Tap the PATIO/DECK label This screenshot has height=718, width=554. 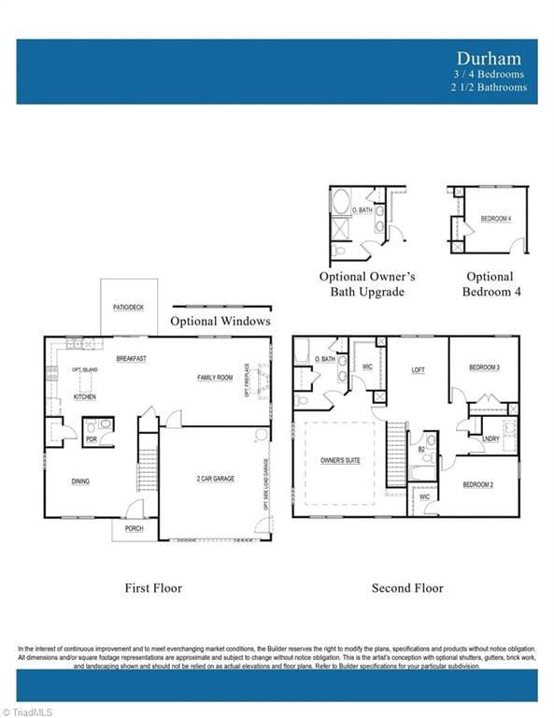click(x=129, y=307)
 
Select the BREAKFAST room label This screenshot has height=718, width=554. click(x=131, y=359)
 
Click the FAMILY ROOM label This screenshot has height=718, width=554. click(x=214, y=378)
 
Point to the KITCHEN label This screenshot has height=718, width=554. click(x=85, y=397)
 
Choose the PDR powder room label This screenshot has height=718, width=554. click(x=91, y=438)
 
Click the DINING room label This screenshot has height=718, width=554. click(x=80, y=481)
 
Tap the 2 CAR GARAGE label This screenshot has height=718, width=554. click(x=215, y=479)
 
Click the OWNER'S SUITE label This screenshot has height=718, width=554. click(x=340, y=461)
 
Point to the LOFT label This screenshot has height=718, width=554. click(x=419, y=370)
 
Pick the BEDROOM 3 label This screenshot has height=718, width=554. click(x=484, y=367)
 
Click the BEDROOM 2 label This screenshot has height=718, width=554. click(x=478, y=484)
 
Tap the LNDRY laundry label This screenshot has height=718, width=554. click(x=490, y=438)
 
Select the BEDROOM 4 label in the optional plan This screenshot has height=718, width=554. click(x=495, y=219)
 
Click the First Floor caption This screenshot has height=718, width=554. click(x=153, y=588)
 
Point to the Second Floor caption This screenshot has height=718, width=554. click(x=407, y=588)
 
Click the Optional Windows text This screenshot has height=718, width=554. click(x=220, y=321)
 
